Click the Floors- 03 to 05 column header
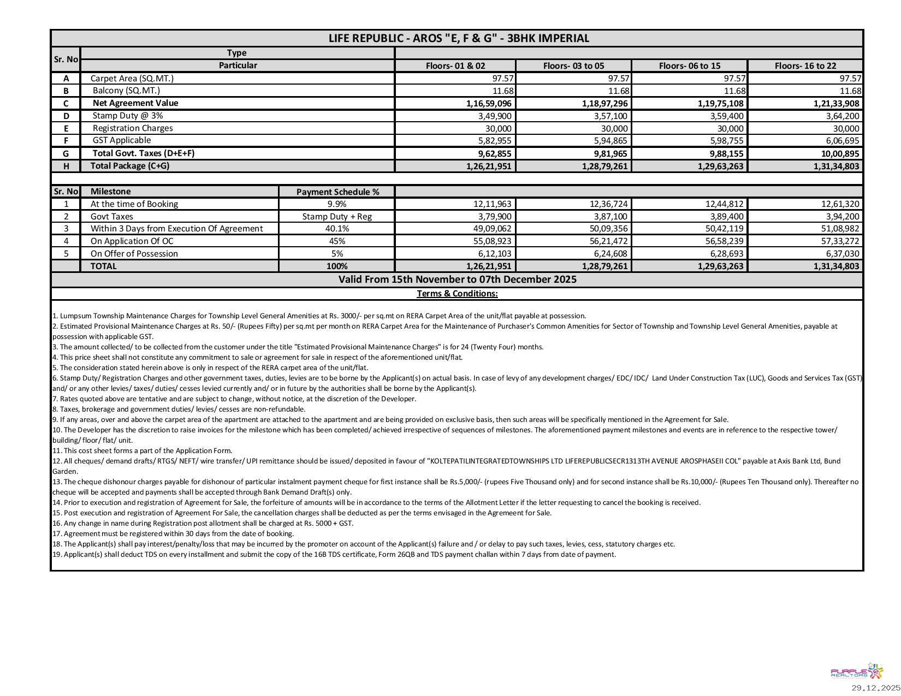pyautogui.click(x=573, y=66)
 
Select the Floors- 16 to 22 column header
pyautogui.click(x=805, y=66)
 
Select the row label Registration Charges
pyautogui.click(x=132, y=128)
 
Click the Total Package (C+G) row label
pyautogui.click(x=129, y=166)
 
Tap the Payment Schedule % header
pyautogui.click(x=337, y=192)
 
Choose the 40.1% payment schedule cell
pyautogui.click(x=337, y=229)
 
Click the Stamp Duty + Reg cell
pyautogui.click(x=337, y=217)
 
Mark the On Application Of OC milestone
pyautogui.click(x=132, y=241)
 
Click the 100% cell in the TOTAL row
pyautogui.click(x=337, y=266)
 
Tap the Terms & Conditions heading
pyautogui.click(x=457, y=294)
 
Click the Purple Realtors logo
pyautogui.click(x=856, y=672)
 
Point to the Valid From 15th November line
pyautogui.click(x=457, y=279)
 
